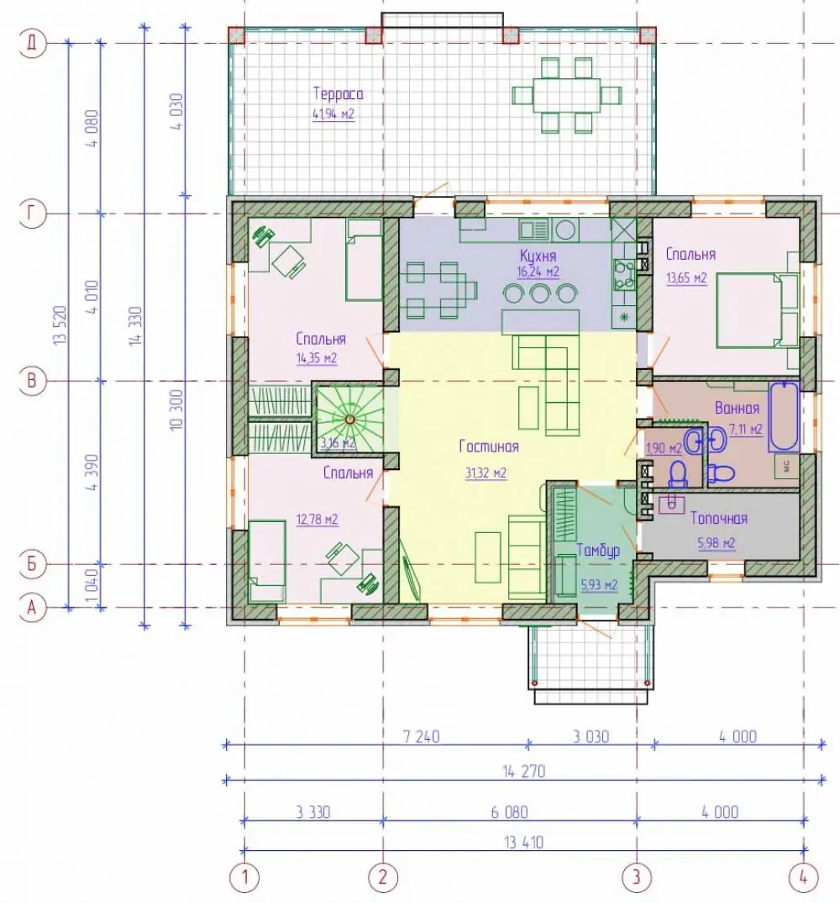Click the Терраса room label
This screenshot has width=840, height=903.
pyautogui.click(x=339, y=93)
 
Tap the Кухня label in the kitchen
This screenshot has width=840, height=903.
pyautogui.click(x=538, y=255)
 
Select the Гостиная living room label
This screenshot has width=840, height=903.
pyautogui.click(x=489, y=446)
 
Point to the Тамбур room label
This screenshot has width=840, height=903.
pyautogui.click(x=598, y=551)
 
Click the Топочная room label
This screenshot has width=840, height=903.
pyautogui.click(x=718, y=518)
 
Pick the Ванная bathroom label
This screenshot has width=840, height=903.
pyautogui.click(x=737, y=409)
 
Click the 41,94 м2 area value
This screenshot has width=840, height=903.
pyautogui.click(x=333, y=114)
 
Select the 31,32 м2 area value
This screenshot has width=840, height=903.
pyautogui.click(x=486, y=473)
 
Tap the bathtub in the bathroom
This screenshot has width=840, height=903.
pyautogui.click(x=785, y=416)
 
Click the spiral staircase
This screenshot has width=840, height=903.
pyautogui.click(x=349, y=419)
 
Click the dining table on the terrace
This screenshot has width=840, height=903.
pyautogui.click(x=567, y=95)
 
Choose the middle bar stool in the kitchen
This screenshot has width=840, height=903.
pyautogui.click(x=540, y=293)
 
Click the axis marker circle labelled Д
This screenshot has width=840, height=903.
pyautogui.click(x=32, y=43)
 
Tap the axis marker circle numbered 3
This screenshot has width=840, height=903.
pyautogui.click(x=637, y=877)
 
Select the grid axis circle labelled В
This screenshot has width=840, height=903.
pyautogui.click(x=32, y=381)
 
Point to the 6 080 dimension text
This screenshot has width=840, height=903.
pyautogui.click(x=510, y=812)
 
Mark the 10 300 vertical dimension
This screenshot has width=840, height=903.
pyautogui.click(x=176, y=409)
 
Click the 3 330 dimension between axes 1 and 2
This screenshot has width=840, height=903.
pyautogui.click(x=313, y=812)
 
